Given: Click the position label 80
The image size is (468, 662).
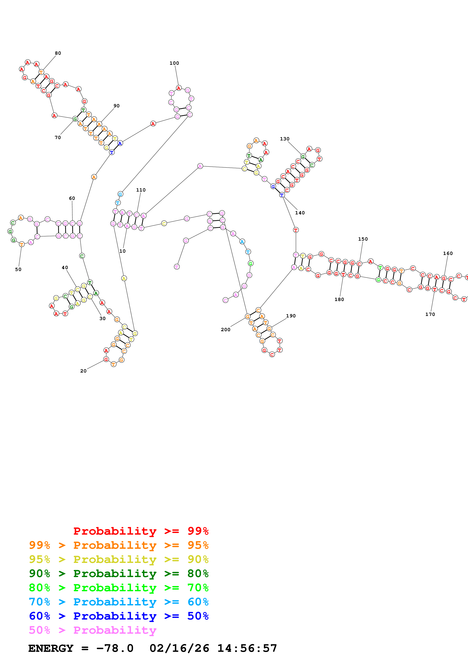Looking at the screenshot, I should (58, 53).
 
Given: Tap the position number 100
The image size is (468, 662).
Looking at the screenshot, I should (174, 63).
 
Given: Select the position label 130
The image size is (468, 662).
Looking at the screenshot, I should (285, 139).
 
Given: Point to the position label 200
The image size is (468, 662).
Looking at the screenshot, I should (225, 329).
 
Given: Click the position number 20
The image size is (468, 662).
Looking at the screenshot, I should (83, 371).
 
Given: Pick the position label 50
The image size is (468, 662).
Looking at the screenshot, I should (18, 269).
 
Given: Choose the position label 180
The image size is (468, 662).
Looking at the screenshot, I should (339, 299).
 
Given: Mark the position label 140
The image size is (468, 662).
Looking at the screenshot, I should (300, 213).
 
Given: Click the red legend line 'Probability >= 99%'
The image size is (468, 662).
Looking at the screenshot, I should (141, 531).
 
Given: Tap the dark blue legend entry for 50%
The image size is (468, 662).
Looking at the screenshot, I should (119, 616).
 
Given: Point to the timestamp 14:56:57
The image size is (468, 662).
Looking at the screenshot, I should (247, 648).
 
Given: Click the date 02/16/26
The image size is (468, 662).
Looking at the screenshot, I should (179, 648).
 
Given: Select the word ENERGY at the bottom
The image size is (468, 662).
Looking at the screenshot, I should (51, 648).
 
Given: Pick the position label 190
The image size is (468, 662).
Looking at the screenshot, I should (291, 316).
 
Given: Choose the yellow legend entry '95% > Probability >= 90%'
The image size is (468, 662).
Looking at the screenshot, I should (119, 559).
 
